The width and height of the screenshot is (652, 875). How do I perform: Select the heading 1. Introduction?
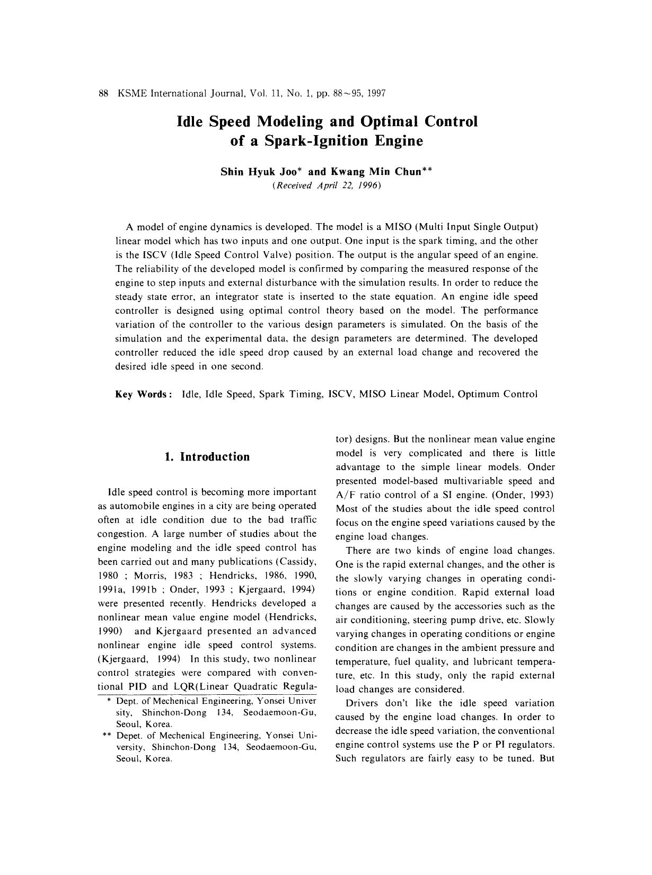(207, 457)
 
